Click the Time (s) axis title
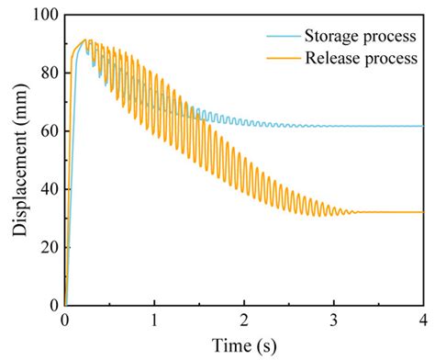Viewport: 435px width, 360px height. pos(243,344)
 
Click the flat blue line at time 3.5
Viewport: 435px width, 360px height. pos(377,126)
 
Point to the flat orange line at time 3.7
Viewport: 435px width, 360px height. pos(396,212)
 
